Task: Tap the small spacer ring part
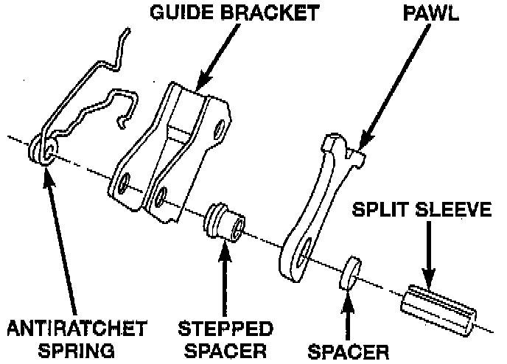point(350,271)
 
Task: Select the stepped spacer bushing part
point(225,221)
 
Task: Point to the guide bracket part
point(173,155)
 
